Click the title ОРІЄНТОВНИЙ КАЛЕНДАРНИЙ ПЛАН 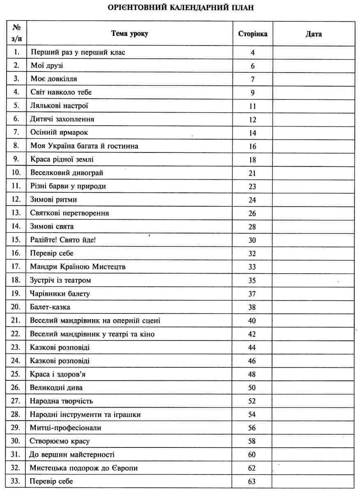tap(180, 8)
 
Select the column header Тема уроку tap(129, 34)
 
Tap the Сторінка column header tap(252, 34)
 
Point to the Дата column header tap(313, 34)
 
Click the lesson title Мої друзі tap(47, 66)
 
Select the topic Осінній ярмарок tap(59, 133)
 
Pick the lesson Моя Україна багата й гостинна tap(84, 146)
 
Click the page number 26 tap(252, 213)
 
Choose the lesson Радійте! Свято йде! tap(63, 240)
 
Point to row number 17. tap(16, 267)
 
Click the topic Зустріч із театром tap(60, 280)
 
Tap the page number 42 tap(252, 334)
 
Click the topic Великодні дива tap(56, 387)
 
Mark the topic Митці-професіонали tap(65, 428)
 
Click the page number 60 tap(252, 454)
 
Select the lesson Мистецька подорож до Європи tap(83, 468)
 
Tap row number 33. tap(16, 481)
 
